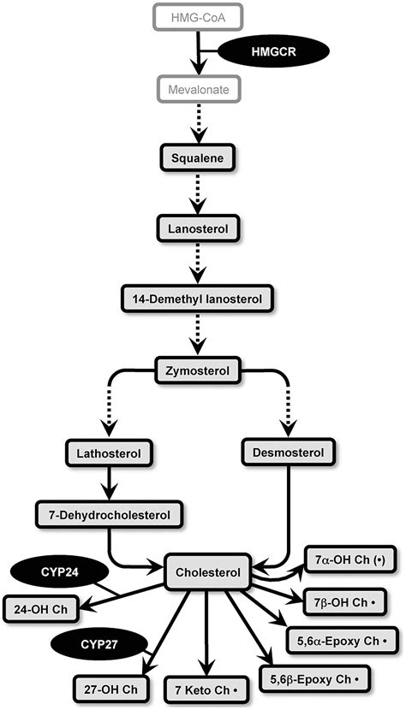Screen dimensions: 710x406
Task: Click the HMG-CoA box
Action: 198,16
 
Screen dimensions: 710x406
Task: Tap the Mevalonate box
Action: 198,88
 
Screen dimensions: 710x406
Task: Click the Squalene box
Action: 199,159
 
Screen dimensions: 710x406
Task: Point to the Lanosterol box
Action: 199,229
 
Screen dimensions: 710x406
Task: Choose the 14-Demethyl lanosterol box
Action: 199,299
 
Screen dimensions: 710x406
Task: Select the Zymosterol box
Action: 199,370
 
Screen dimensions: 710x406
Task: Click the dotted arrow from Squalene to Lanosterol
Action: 199,194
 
